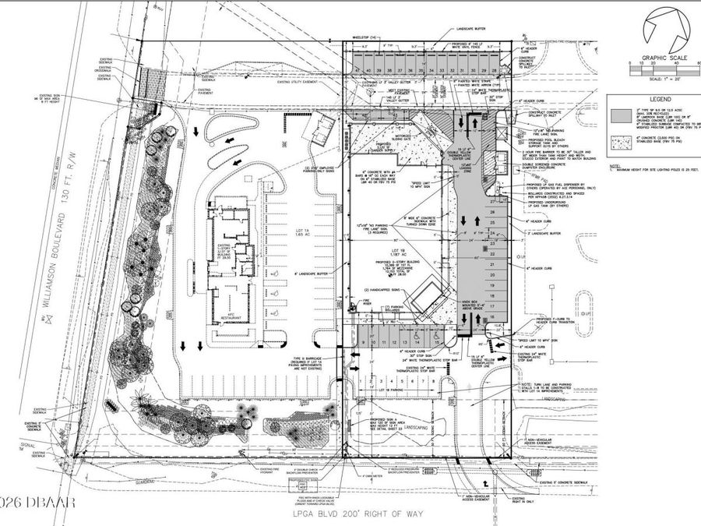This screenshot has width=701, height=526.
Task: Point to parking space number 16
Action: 491,319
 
